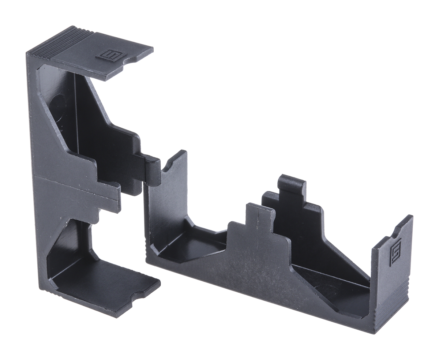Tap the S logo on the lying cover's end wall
tap(395, 251)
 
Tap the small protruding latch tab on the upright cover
tap(150, 168)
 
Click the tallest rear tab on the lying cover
tap(291, 187)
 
